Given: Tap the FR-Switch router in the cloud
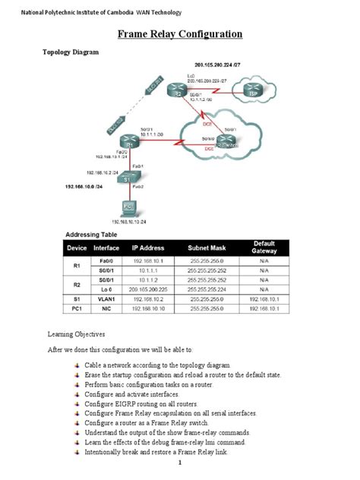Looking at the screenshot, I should tap(222, 142).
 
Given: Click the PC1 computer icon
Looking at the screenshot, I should tap(130, 207).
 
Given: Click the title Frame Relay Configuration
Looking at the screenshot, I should tap(180, 34).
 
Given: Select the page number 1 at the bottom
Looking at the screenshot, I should tap(180, 463).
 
